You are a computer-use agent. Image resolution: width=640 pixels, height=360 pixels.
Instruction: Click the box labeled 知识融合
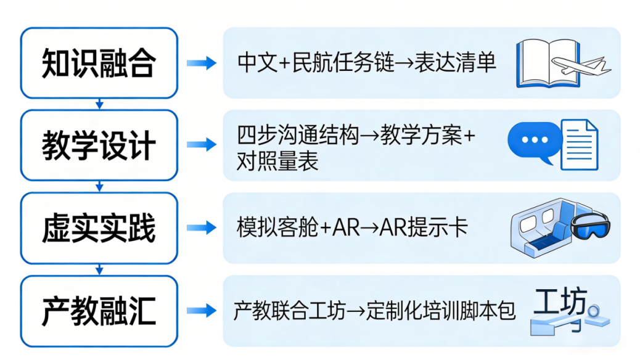pyautogui.click(x=99, y=63)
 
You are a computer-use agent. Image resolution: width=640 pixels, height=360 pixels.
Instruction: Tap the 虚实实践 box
pyautogui.click(x=99, y=227)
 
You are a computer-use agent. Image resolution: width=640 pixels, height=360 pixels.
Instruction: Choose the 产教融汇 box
pyautogui.click(x=99, y=310)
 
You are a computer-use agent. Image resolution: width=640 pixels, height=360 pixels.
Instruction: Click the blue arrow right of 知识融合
pyautogui.click(x=202, y=63)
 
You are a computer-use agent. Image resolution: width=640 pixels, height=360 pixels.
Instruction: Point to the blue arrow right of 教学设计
pyautogui.click(x=202, y=145)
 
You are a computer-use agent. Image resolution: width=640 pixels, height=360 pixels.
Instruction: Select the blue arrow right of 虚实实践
pyautogui.click(x=202, y=227)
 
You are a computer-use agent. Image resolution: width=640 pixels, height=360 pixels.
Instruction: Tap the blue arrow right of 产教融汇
pyautogui.click(x=202, y=310)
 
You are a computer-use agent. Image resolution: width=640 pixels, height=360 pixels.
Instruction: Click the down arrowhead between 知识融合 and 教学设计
pyautogui.click(x=99, y=105)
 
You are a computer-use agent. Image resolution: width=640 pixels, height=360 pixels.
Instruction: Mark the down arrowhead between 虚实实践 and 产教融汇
pyautogui.click(x=99, y=271)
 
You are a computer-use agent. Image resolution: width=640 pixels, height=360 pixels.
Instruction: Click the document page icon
pyautogui.click(x=579, y=144)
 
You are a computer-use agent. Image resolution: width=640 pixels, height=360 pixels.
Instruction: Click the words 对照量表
pyautogui.click(x=277, y=162)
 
